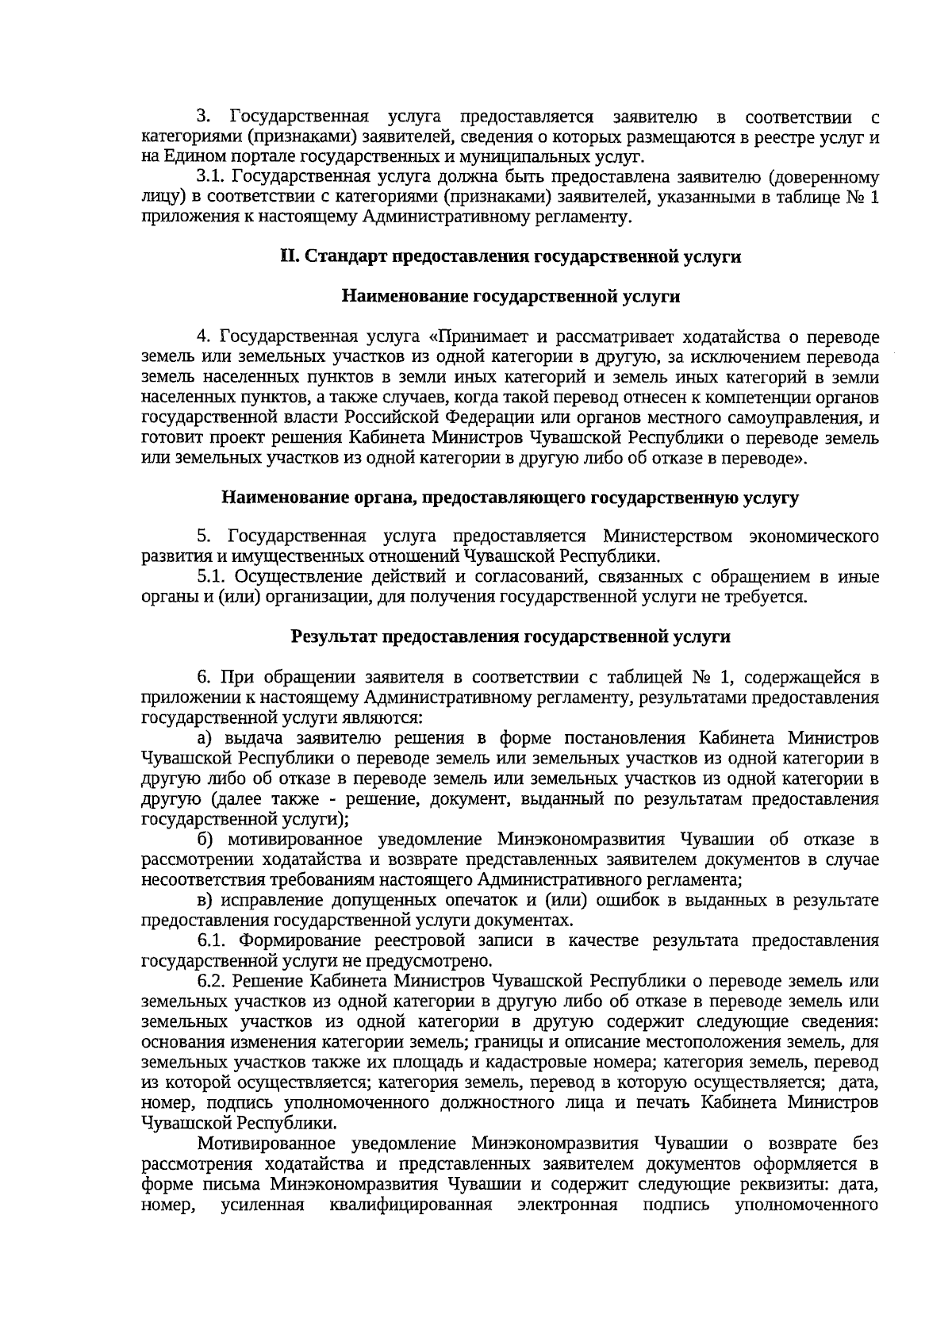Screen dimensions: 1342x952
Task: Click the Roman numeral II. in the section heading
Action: pyautogui.click(x=288, y=257)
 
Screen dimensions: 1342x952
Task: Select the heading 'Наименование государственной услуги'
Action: pyautogui.click(x=511, y=297)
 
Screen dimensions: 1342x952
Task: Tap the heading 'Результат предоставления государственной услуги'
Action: pyautogui.click(x=511, y=636)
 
